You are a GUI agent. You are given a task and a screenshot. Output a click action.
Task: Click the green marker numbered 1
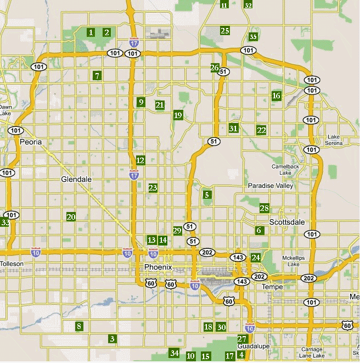(x=91, y=32)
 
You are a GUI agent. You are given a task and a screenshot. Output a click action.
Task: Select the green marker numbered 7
(x=97, y=76)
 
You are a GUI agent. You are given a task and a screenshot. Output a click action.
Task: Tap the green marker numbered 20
(x=71, y=217)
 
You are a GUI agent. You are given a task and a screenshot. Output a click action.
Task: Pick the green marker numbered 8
(x=79, y=327)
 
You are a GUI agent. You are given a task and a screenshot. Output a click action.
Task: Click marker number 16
(x=276, y=96)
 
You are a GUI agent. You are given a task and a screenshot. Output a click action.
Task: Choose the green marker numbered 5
(x=207, y=194)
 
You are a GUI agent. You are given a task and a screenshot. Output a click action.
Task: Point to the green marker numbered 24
(x=255, y=257)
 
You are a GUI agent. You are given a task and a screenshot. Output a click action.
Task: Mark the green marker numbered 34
(x=175, y=353)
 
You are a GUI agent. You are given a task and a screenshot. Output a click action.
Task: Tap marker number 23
(x=153, y=188)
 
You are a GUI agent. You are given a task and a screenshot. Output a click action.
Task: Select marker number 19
(x=177, y=115)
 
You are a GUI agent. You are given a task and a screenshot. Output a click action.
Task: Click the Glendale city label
(x=76, y=179)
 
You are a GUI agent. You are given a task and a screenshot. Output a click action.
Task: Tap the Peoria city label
(x=30, y=142)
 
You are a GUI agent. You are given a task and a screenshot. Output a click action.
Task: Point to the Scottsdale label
(x=286, y=221)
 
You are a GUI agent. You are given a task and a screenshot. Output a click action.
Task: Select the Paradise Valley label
(x=271, y=186)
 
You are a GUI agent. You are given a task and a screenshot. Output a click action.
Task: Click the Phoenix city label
(x=158, y=267)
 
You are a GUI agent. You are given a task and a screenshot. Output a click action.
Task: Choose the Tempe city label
(x=272, y=287)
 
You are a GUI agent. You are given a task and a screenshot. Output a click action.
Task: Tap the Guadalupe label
(x=252, y=347)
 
